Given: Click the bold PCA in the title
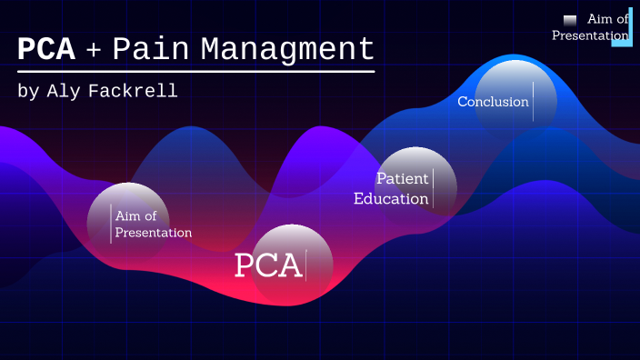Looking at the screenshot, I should [46, 50].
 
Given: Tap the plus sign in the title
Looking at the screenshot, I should [94, 51].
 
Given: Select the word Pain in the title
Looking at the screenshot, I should [151, 50].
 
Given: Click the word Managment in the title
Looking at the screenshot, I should [287, 50].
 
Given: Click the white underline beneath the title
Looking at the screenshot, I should [195, 71].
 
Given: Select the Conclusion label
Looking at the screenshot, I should [493, 102].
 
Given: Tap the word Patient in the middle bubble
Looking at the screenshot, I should [403, 178].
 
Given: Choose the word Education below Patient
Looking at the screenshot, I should [391, 198].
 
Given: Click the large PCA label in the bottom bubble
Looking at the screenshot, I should [267, 265].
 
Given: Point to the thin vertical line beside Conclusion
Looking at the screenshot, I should [534, 101].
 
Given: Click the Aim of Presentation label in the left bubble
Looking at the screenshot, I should [153, 224].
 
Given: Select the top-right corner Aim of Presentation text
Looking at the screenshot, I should [590, 28].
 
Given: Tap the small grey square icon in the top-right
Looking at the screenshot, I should [570, 20].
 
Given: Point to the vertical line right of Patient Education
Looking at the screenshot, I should [434, 188].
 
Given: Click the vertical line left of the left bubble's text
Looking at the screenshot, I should [111, 224].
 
